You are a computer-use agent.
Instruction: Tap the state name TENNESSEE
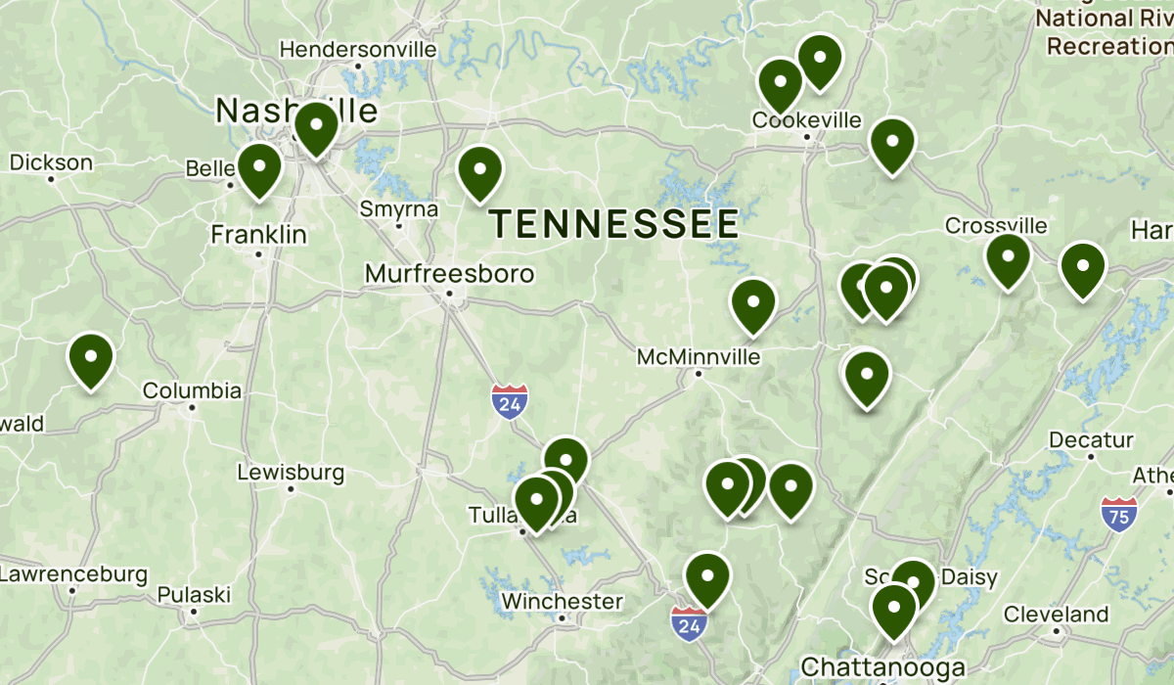coord(615,224)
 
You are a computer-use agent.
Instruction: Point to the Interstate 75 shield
coord(1118,514)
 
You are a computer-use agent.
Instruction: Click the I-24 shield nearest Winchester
coord(689,623)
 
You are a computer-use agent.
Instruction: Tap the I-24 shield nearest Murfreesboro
coord(510,401)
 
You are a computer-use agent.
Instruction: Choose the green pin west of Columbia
coord(91,359)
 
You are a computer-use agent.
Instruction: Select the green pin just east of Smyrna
coord(479,172)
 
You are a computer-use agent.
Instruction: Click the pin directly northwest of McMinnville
coord(752,304)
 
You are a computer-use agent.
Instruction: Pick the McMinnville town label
coord(698,357)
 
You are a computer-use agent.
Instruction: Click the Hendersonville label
coord(358,49)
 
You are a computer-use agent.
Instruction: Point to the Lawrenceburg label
coord(73,573)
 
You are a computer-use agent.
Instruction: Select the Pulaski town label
coord(194,594)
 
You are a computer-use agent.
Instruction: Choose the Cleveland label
coord(1056,615)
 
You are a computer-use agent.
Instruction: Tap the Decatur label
coord(1091,439)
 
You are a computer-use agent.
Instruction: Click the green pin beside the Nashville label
coord(316,127)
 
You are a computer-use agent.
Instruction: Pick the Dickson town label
coord(51,162)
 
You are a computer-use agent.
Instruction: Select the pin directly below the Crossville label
coord(1008,259)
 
